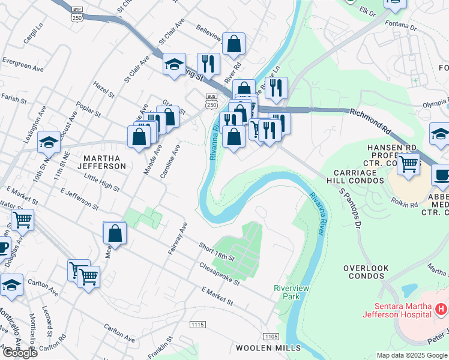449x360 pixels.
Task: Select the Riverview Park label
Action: (291, 292)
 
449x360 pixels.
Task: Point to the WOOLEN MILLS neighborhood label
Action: (264, 348)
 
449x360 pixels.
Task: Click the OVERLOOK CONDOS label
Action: (364, 272)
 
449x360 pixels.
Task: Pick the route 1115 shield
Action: (197, 325)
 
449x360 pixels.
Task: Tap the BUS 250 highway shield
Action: (211, 100)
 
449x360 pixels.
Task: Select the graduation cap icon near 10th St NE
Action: (49, 142)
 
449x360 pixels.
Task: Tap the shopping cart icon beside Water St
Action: (22, 220)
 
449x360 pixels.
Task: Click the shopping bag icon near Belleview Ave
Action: (234, 43)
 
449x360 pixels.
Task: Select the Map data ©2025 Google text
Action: (411, 355)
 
